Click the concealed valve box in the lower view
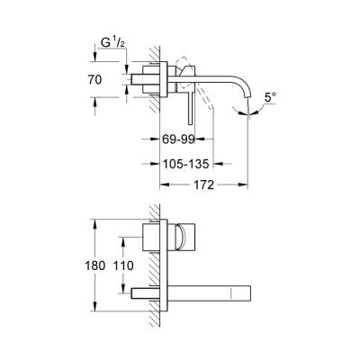pyautogui.click(x=156, y=240)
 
